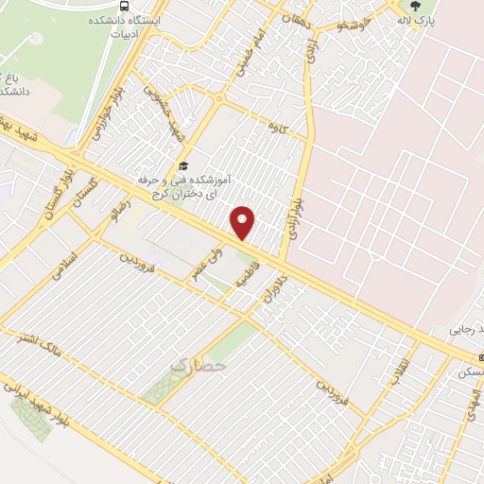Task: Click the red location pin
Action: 244,222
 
